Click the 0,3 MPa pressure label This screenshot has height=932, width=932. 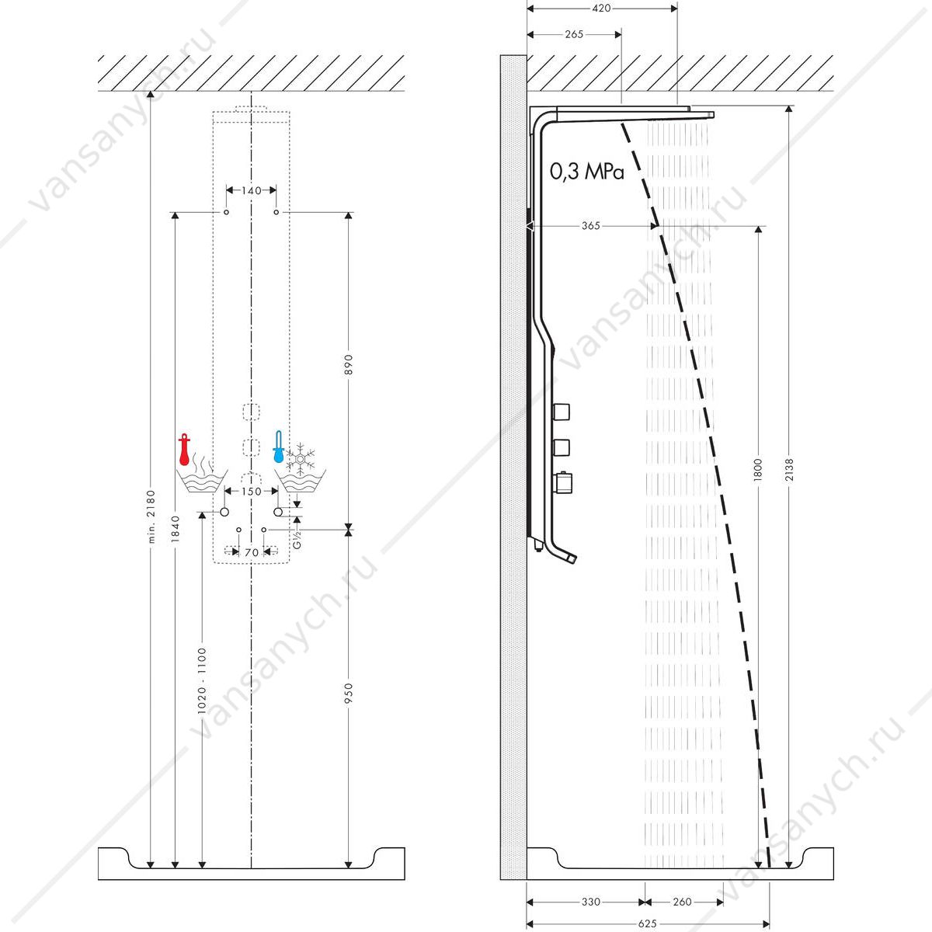pyautogui.click(x=586, y=171)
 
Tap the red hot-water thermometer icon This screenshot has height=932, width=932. pyautogui.click(x=184, y=450)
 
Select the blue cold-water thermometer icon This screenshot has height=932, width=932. pyautogui.click(x=278, y=447)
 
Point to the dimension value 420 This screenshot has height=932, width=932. pyautogui.click(x=601, y=9)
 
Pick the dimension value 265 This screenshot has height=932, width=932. pyautogui.click(x=574, y=34)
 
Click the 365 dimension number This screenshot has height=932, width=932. pyautogui.click(x=590, y=226)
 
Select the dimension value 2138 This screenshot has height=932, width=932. pyautogui.click(x=789, y=470)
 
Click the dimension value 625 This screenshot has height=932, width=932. pyautogui.click(x=647, y=923)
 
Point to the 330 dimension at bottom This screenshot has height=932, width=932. pyautogui.click(x=590, y=902)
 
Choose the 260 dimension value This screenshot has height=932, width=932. pyautogui.click(x=682, y=902)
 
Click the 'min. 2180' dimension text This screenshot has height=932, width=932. pyautogui.click(x=151, y=516)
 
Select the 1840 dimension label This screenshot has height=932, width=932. pyautogui.click(x=175, y=529)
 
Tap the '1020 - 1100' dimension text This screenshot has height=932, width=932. pyautogui.click(x=202, y=681)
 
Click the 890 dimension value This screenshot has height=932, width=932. pyautogui.click(x=349, y=365)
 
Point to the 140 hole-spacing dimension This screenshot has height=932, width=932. pyautogui.click(x=252, y=190)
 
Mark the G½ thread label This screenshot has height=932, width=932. pyautogui.click(x=297, y=539)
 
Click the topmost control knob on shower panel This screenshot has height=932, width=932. pyautogui.click(x=562, y=412)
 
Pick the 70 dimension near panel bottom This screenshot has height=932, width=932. pyautogui.click(x=252, y=552)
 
